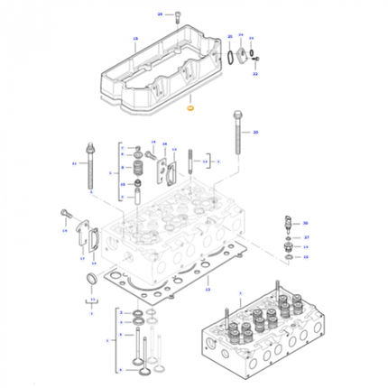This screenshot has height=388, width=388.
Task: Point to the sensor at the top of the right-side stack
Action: coord(287,223)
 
